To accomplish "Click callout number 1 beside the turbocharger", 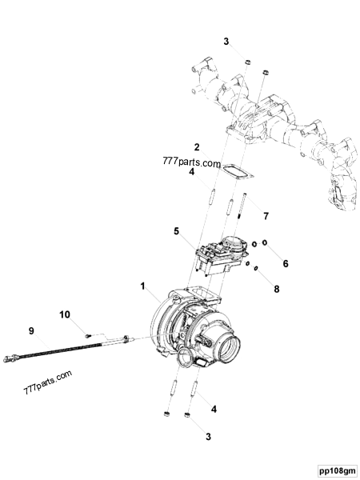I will coord(143,285).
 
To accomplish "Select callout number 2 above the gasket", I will coord(195,146).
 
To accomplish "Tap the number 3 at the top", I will coord(226,41).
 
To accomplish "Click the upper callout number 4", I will coord(191,171).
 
